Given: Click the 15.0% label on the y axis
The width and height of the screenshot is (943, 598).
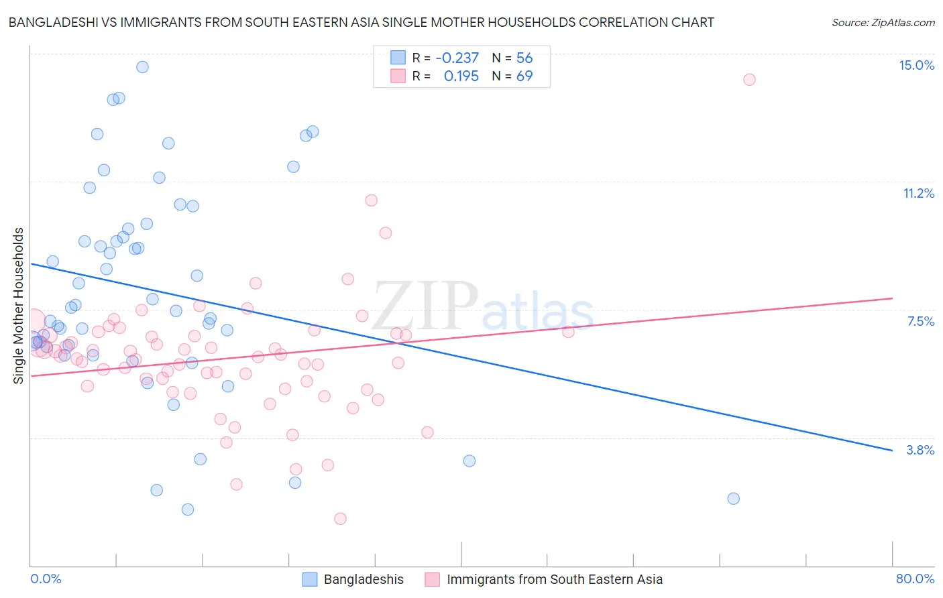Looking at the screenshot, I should click(x=916, y=65).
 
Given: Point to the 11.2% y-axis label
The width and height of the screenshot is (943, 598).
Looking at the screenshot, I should click(x=918, y=193).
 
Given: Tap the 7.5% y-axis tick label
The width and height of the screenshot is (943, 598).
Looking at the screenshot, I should click(x=920, y=321).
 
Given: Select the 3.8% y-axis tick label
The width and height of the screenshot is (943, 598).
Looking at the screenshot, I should click(x=920, y=450).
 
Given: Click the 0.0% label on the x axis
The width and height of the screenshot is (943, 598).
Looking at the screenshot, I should click(x=46, y=579).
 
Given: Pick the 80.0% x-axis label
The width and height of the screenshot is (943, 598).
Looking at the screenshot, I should click(x=915, y=579).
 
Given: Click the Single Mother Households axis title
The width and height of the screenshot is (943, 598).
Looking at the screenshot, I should click(x=19, y=306).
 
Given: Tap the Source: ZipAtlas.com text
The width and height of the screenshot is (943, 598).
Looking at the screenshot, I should click(x=883, y=22).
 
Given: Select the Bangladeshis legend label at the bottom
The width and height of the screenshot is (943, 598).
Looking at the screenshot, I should click(x=364, y=579).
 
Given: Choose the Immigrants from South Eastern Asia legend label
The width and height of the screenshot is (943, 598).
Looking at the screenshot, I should click(x=555, y=579).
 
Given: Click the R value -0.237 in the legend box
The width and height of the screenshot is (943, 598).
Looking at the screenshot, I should click(x=457, y=58).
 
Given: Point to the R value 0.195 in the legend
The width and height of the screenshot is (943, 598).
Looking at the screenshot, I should click(x=461, y=76).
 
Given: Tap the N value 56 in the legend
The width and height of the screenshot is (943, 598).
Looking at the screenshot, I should click(x=524, y=58).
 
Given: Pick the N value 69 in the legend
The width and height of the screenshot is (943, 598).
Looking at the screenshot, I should click(x=524, y=76).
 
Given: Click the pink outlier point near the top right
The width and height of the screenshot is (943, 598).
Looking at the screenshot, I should click(x=749, y=80).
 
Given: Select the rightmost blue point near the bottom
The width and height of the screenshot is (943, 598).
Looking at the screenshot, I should click(x=733, y=499).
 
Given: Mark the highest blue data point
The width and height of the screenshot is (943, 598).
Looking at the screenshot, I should click(x=142, y=67).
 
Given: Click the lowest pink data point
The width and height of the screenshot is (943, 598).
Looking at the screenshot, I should click(x=340, y=518).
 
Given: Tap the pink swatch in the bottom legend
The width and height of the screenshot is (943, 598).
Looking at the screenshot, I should click(x=433, y=579).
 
